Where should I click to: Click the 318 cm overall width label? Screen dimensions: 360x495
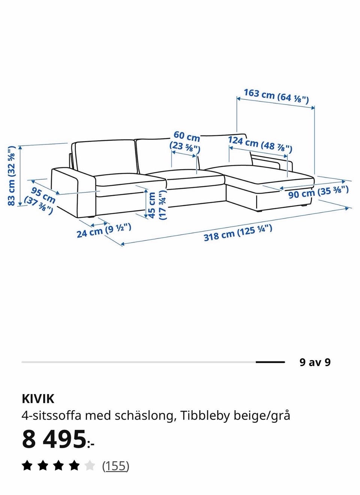click(238, 233)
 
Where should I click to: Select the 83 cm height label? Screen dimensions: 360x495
click(12, 175)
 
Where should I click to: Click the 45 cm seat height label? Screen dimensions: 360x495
click(157, 205)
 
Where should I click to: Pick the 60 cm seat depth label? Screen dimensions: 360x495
click(185, 142)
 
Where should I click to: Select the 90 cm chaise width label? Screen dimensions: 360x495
click(318, 192)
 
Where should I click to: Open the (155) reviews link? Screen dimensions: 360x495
click(115, 466)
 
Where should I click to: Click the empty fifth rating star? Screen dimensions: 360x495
click(90, 466)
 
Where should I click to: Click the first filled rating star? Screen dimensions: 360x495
click(27, 466)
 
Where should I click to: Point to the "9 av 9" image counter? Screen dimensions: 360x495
click(315, 362)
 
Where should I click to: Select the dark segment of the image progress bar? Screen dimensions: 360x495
click(270, 362)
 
